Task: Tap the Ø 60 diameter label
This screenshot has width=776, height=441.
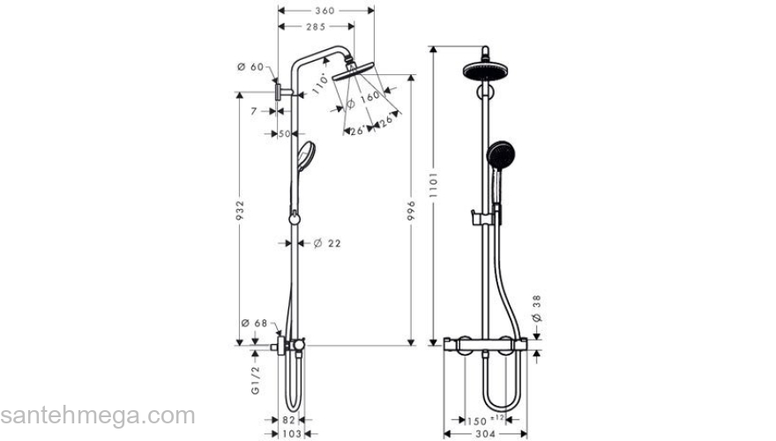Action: point(251,67)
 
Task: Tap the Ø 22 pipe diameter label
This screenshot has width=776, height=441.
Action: point(327,243)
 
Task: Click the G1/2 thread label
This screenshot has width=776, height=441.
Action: point(256,377)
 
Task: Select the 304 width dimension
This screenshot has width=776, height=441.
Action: point(485,434)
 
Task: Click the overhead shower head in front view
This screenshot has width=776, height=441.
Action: point(483,71)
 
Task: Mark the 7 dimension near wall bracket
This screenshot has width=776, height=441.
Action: point(253,112)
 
